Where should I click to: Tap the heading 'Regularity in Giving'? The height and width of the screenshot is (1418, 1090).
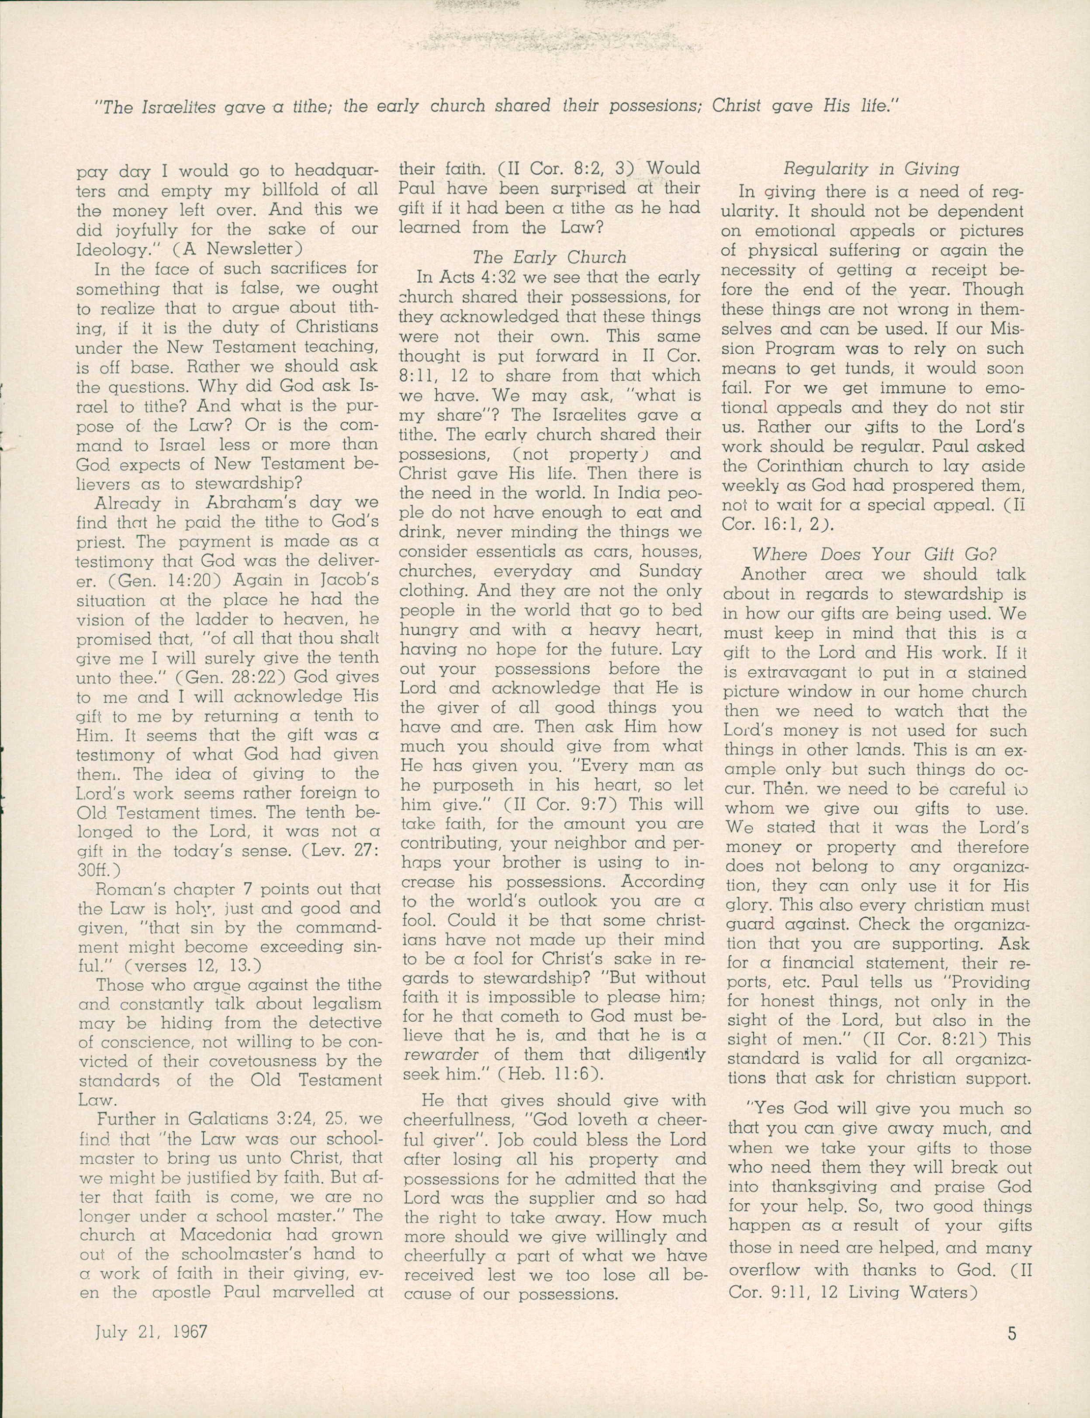872,169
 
